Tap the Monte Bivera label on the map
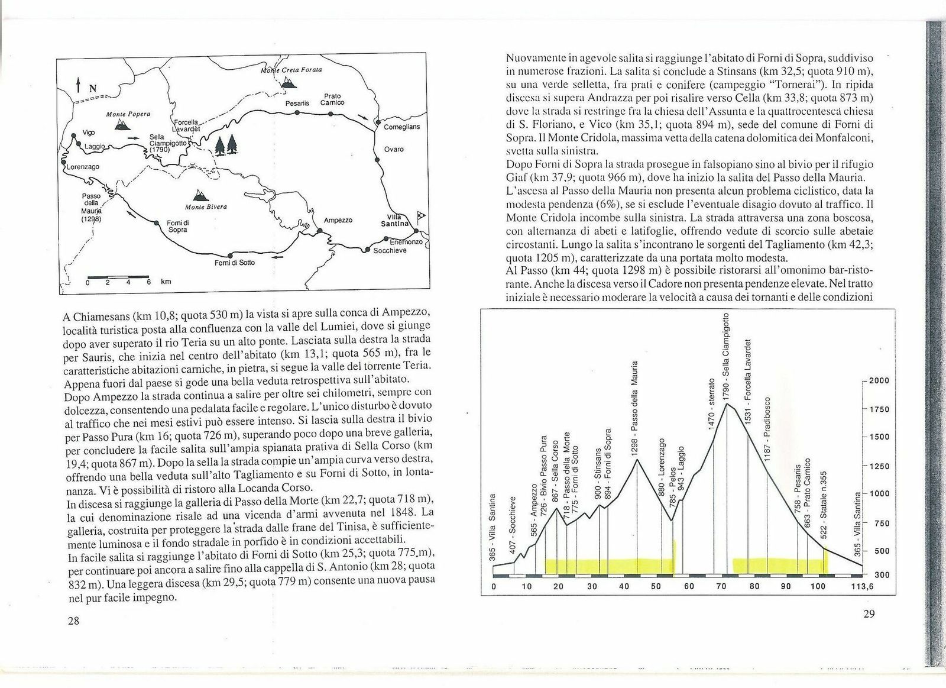pos(206,206)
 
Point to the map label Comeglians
pos(401,126)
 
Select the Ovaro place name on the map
pos(394,149)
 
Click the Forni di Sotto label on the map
pos(234,262)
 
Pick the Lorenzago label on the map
pos(83,167)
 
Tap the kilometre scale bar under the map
pos(118,276)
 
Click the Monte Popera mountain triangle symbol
pos(123,124)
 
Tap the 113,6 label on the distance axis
pos(861,587)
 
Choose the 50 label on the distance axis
pos(656,587)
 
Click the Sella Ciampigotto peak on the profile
pos(727,404)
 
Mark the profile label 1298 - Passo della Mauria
pos(635,408)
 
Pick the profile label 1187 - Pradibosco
pos(767,425)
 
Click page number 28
pos(74,620)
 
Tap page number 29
pos(869,614)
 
